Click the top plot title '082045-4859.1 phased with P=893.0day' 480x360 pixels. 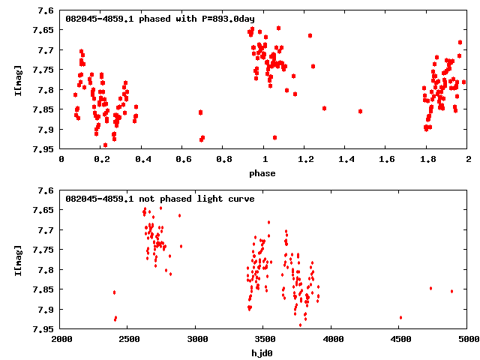(160, 18)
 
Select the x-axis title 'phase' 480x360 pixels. (262, 173)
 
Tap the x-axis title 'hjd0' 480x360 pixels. (263, 352)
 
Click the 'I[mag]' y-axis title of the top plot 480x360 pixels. (16, 80)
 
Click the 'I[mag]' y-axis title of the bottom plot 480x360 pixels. (16, 259)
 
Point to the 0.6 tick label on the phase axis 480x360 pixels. (183, 160)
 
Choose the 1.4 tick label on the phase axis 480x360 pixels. (346, 160)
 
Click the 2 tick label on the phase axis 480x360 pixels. (468, 160)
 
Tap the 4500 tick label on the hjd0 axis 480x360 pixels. (400, 339)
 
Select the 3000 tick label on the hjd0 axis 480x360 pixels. (196, 339)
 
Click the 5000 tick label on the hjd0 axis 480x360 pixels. (466, 339)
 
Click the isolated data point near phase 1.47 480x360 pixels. (360, 111)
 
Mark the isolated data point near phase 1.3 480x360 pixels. (324, 108)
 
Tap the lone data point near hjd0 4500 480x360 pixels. (400, 317)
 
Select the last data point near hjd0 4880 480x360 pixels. (451, 291)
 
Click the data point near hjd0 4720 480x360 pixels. (430, 288)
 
